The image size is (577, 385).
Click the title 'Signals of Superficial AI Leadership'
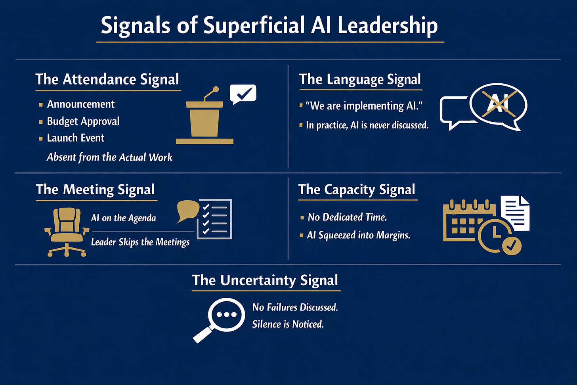[269, 25]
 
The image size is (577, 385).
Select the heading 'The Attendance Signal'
[107, 79]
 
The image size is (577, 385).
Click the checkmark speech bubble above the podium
[243, 94]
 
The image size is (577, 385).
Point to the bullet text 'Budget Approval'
[83, 121]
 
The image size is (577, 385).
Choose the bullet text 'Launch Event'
[76, 138]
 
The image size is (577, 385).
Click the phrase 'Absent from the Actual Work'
[109, 157]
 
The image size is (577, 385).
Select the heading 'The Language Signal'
[360, 79]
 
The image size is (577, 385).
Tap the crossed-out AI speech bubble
[498, 105]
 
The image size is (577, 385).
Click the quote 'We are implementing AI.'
[364, 106]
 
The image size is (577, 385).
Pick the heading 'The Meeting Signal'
[95, 190]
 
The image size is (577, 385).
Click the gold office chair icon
[67, 232]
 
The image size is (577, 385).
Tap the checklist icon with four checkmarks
[214, 219]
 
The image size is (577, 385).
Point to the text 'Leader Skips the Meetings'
[140, 242]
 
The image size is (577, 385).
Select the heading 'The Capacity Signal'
[357, 190]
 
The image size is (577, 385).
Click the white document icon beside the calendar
[515, 213]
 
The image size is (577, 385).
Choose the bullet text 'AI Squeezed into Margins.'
[359, 235]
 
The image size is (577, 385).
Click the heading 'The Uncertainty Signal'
[265, 280]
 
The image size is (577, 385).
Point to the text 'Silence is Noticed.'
[288, 324]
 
